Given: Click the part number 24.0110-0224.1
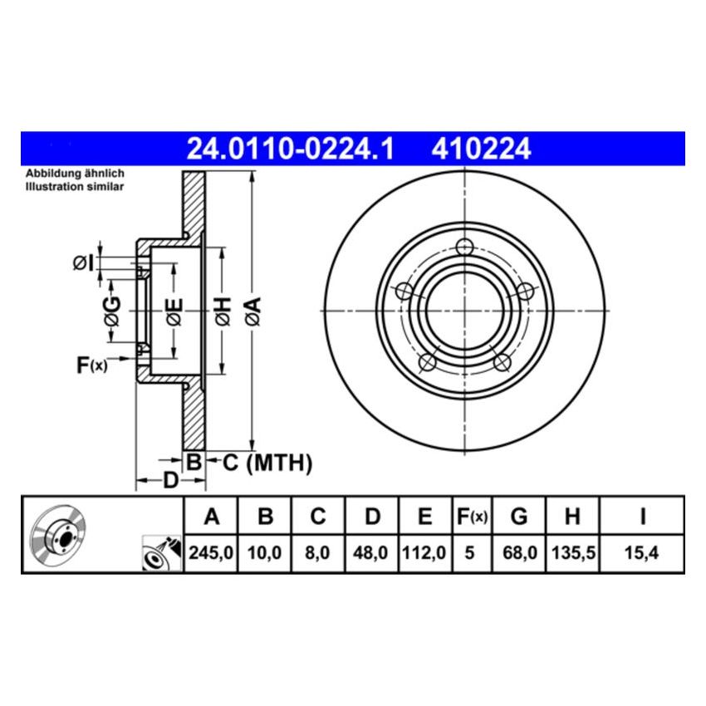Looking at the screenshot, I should tap(290, 149).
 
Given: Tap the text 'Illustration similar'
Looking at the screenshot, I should tap(74, 188).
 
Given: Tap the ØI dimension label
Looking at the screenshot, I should tap(82, 263).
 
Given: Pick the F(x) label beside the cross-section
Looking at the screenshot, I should tap(91, 364).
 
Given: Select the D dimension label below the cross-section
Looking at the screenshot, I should tap(169, 480).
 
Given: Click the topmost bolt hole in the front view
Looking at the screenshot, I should tap(465, 247).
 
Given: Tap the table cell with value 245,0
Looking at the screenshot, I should tap(212, 552).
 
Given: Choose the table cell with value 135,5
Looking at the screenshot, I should tap(571, 552).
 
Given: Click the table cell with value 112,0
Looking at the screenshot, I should tap(424, 552).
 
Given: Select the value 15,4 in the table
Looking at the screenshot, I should tap(642, 552).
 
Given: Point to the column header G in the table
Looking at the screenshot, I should tap(518, 517).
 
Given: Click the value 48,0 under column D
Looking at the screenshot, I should tap(372, 552).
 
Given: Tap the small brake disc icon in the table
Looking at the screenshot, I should tap(57, 535).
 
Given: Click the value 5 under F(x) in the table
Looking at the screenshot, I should tap(470, 552).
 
